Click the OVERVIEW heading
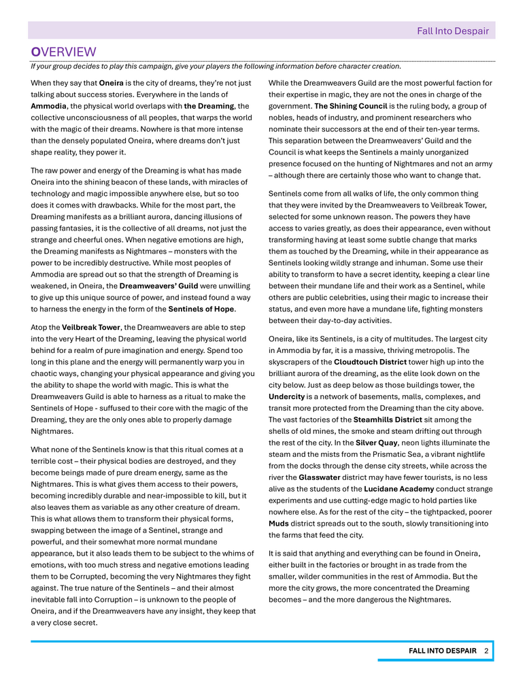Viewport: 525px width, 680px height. coord(64,52)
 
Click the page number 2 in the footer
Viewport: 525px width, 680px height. coord(487,651)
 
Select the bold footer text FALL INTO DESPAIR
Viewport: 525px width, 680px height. coord(443,651)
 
